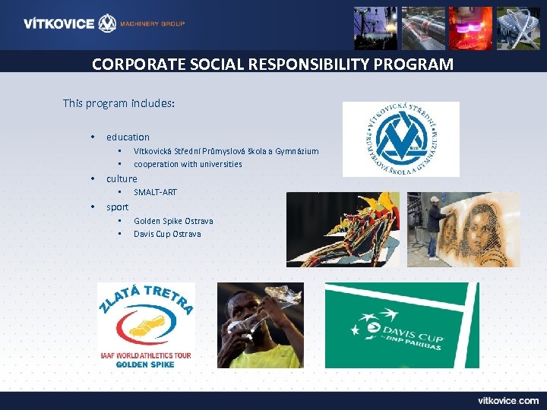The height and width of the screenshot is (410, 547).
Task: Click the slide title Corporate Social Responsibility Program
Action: pos(273,64)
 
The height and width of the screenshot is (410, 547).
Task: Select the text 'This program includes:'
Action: pos(119,102)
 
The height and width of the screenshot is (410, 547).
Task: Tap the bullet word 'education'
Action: pos(128,137)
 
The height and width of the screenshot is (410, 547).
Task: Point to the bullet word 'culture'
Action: pos(122,178)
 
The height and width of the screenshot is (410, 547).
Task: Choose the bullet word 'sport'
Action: pos(117,207)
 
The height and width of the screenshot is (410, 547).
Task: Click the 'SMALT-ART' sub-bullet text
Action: pos(155,193)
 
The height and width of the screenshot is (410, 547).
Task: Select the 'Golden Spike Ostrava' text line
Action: pos(173,221)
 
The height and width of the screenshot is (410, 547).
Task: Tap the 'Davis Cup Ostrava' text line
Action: pos(167,234)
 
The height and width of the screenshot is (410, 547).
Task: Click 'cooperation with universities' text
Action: pos(188,164)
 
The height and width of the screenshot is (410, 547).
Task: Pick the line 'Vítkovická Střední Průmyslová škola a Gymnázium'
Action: pos(226,151)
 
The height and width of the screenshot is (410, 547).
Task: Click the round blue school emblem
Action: pos(400,139)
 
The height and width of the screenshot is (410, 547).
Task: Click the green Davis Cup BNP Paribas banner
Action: pos(402,325)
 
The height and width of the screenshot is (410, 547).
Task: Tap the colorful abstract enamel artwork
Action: pos(343,229)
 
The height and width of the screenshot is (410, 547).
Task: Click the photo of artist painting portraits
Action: pos(463,229)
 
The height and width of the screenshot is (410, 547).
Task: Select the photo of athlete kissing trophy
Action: pos(260,325)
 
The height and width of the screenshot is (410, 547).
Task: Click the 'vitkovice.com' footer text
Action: pos(507,400)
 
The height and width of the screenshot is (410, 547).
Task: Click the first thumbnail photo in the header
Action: pos(375,28)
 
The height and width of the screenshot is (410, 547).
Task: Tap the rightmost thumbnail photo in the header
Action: pos(517,28)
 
